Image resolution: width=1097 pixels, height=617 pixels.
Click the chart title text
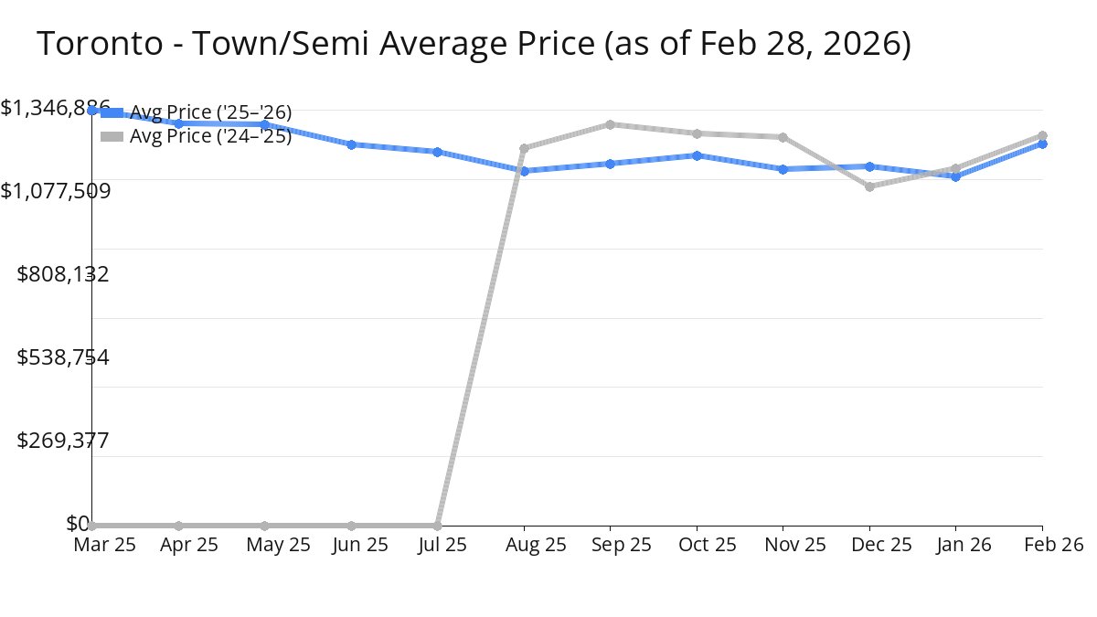tap(474, 44)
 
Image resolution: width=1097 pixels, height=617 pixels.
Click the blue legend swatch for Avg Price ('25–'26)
tap(112, 113)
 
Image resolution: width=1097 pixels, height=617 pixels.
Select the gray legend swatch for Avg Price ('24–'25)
tap(112, 136)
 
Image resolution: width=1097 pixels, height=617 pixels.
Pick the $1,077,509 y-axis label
tap(57, 191)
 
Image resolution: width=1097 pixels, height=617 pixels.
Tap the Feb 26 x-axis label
tap(1052, 545)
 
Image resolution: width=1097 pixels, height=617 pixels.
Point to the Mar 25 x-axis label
tap(104, 545)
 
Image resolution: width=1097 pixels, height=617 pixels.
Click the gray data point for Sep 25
tap(610, 124)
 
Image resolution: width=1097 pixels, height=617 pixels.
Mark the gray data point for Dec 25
tap(869, 186)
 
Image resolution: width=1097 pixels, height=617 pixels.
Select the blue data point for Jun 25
tap(351, 144)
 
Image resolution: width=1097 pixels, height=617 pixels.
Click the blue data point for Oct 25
tap(697, 155)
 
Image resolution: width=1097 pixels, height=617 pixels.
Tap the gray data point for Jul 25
tap(437, 526)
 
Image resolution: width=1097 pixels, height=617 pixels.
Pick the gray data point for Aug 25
tap(524, 148)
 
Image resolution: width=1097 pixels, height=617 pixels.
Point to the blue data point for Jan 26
tap(956, 176)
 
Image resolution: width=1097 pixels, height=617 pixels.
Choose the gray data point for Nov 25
tap(783, 137)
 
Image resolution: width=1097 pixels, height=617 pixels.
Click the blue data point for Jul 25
tap(437, 152)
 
